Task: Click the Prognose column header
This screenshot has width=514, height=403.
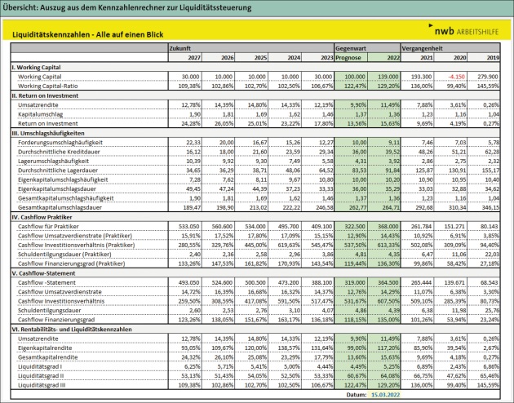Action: coord(350,57)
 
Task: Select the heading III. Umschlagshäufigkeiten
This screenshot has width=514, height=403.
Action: coord(49,132)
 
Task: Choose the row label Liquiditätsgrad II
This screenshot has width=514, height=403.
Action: coord(41,374)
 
